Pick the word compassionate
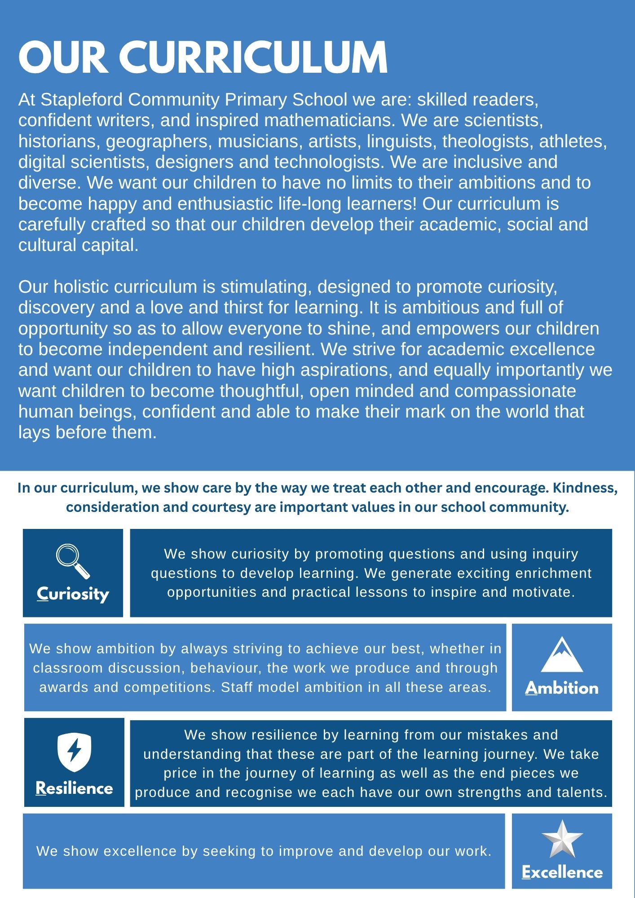[x=515, y=391]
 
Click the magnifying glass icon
[x=72, y=561]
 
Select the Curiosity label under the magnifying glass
[x=73, y=594]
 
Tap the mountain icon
[x=561, y=654]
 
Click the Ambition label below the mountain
[x=561, y=688]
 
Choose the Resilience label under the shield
[x=74, y=788]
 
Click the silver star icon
[x=562, y=839]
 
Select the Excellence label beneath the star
[x=562, y=872]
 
